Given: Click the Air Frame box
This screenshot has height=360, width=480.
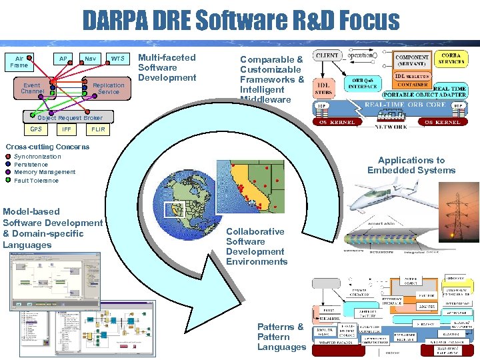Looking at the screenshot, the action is [19, 62].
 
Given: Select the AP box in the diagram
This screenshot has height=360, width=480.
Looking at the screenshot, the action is [63, 59].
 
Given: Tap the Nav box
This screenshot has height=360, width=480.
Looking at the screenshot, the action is [89, 59].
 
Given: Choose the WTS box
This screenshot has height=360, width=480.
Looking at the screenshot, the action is [117, 59].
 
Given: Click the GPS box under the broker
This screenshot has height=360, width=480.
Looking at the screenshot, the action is [36, 129].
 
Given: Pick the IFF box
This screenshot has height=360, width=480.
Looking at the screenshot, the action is [66, 129].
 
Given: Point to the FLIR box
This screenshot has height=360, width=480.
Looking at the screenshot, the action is [98, 129].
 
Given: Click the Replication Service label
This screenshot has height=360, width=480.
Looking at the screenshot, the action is [108, 89].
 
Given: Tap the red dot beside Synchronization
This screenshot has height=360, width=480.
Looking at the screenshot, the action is [8, 157].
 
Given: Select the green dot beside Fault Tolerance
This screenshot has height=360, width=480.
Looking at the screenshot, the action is [8, 180].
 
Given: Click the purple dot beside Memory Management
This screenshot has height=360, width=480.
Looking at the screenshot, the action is [8, 172].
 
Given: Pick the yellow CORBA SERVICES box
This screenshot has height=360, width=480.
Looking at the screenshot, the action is [451, 58].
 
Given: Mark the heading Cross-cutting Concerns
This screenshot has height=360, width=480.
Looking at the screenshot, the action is [47, 147].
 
